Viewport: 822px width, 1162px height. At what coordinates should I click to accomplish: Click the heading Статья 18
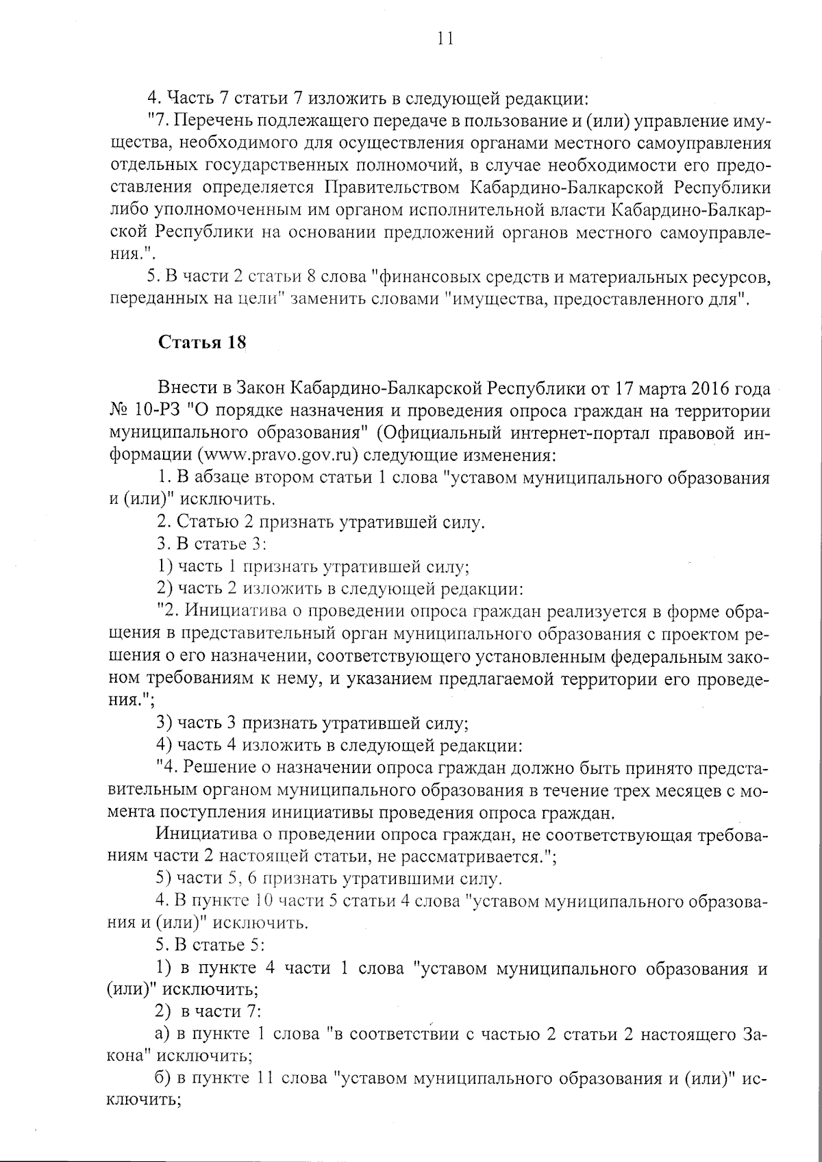[x=201, y=343]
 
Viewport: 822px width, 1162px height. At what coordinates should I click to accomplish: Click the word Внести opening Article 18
[x=184, y=390]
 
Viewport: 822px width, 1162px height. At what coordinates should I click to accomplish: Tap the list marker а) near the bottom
[x=164, y=1035]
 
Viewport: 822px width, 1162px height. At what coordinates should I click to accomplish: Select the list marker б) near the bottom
[x=164, y=1078]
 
